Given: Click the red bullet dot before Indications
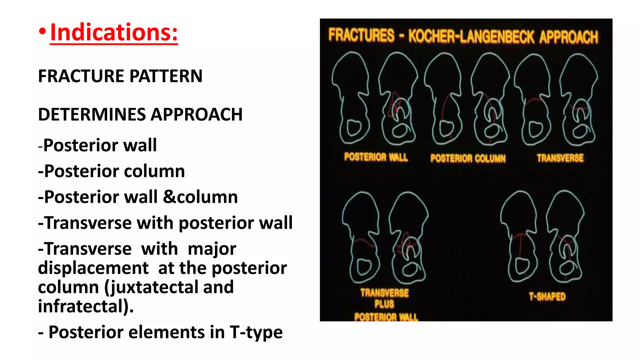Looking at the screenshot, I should [x=42, y=32].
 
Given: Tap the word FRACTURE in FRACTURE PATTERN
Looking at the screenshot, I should [x=81, y=76].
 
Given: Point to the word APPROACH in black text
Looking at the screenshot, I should [x=197, y=114].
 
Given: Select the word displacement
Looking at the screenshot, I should [x=93, y=268].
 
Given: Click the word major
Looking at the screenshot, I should [x=212, y=249].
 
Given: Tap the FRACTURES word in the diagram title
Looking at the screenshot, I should [x=361, y=35].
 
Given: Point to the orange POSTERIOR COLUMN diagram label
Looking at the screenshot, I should [x=468, y=158].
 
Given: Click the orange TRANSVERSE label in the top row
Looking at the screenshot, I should [x=560, y=158].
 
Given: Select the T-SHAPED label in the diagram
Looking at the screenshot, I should [x=547, y=296].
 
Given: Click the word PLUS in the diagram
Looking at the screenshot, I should [x=384, y=304].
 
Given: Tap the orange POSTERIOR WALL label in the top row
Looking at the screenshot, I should [x=376, y=157].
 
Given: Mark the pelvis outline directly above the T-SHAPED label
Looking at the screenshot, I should [x=542, y=237].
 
